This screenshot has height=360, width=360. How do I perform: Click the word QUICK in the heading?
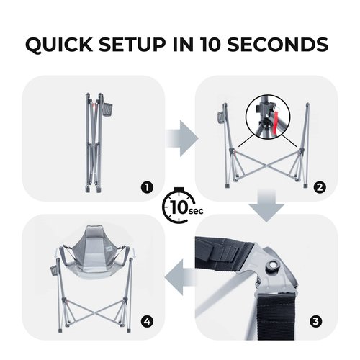click(x=59, y=45)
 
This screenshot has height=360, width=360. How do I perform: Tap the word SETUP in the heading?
click(x=132, y=45)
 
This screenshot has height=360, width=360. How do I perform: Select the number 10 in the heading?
click(x=210, y=45)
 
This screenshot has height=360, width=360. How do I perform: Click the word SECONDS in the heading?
click(x=278, y=45)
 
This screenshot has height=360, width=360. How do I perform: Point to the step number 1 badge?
click(x=147, y=187)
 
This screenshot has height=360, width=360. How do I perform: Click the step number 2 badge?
click(x=320, y=187)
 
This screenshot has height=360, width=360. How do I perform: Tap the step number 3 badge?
click(x=315, y=321)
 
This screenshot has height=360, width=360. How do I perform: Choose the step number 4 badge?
click(x=147, y=321)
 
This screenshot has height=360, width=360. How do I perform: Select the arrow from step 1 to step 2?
click(x=182, y=138)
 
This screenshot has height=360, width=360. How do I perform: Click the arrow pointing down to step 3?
click(x=266, y=205)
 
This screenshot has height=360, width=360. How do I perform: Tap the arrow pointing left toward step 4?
click(x=180, y=277)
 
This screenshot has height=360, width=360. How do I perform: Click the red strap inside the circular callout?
click(x=277, y=120)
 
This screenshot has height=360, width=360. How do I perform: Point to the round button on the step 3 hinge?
click(x=272, y=265)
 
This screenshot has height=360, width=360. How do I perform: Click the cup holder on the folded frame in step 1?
click(x=109, y=110)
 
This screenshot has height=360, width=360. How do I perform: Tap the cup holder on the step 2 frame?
click(x=220, y=119)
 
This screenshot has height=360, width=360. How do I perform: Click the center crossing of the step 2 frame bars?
click(x=266, y=166)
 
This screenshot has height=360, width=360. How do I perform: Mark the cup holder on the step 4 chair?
click(x=54, y=271)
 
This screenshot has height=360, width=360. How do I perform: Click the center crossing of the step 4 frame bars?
click(x=95, y=312)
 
